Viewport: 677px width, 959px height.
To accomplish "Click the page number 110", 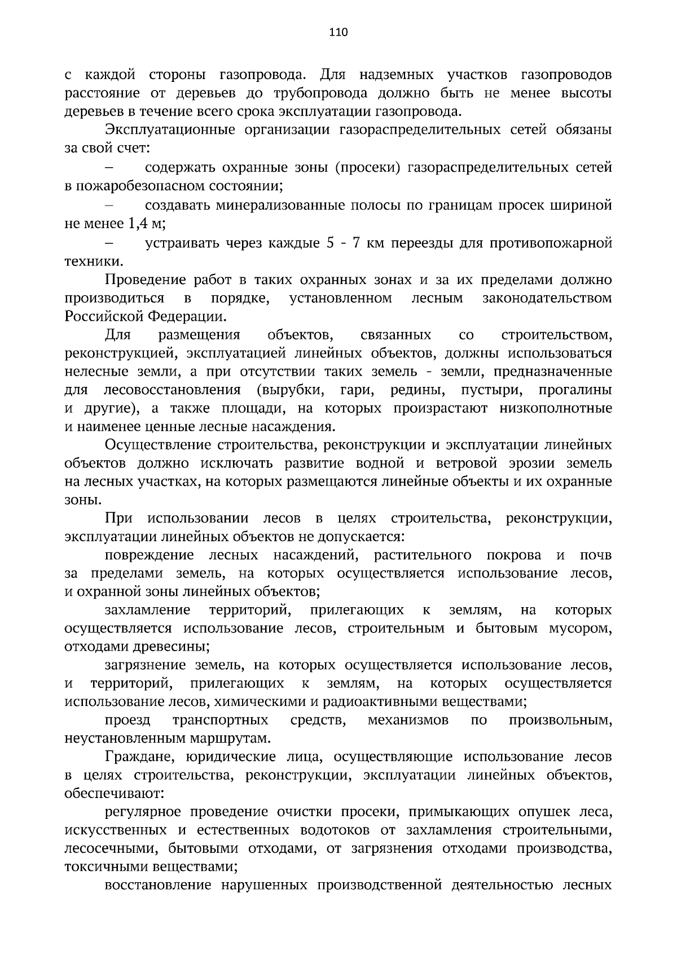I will point(338,32).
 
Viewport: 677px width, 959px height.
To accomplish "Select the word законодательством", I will point(547,298).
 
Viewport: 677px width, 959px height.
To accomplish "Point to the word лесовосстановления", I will point(172,390).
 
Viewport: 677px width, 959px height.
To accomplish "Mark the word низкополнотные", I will point(556,408).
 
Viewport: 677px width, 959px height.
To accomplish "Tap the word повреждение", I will point(150,555).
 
